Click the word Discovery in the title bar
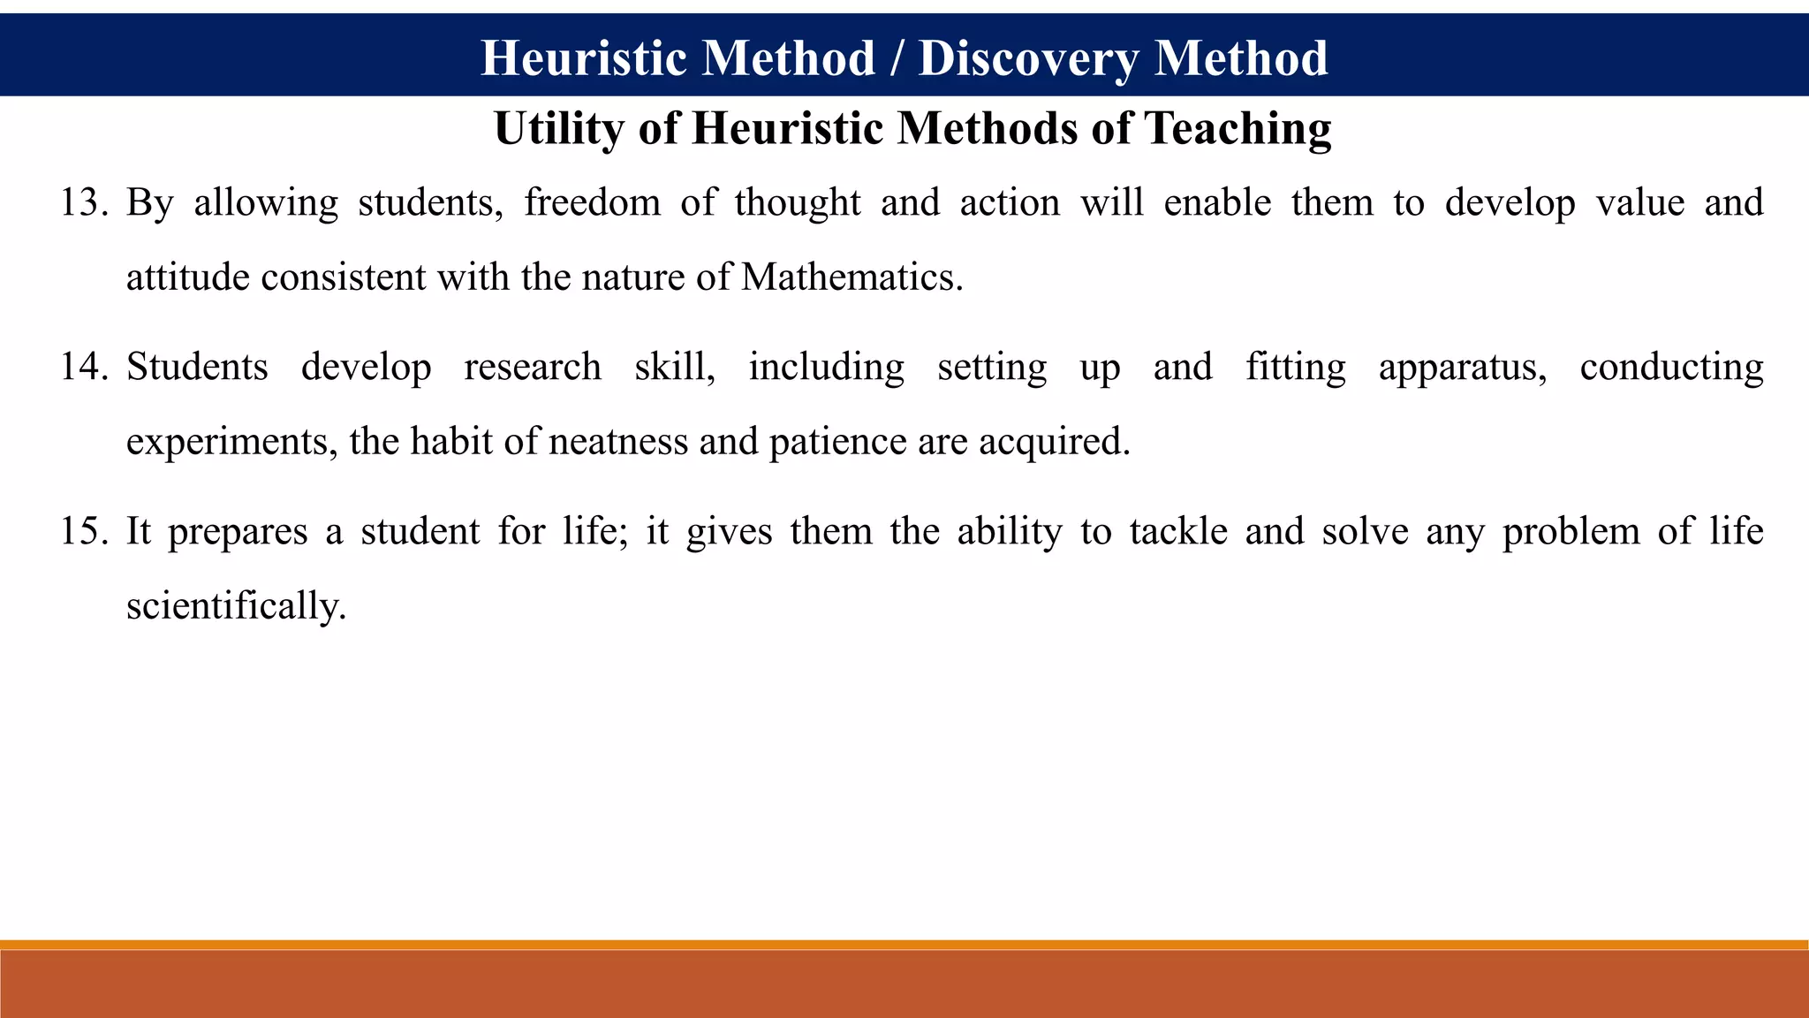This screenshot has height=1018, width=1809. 1028,58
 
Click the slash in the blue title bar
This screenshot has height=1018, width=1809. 897,58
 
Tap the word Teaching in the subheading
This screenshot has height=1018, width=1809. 1238,129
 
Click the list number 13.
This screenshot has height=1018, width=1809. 84,203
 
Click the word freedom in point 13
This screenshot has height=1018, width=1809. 592,203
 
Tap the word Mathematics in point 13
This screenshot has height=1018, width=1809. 851,278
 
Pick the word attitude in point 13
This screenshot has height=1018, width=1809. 187,278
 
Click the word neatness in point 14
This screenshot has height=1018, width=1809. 617,442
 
